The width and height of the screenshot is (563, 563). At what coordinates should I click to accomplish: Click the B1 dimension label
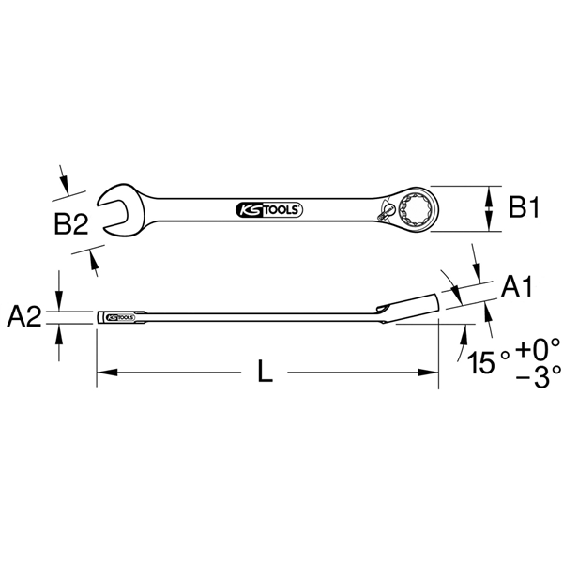click(524, 208)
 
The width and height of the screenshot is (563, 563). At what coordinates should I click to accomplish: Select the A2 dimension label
click(25, 318)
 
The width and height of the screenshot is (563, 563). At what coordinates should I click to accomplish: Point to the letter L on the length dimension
click(266, 373)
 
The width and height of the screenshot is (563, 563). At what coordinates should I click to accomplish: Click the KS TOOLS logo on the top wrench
click(265, 209)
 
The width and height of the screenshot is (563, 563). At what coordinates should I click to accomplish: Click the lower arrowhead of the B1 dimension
click(488, 227)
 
